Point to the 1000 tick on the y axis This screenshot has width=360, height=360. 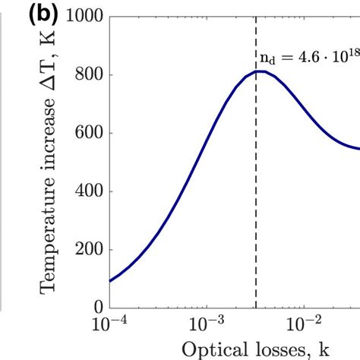(x=89, y=17)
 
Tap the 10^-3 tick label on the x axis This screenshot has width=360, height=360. (x=207, y=324)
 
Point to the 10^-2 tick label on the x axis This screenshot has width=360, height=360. (x=304, y=324)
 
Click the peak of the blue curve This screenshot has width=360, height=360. (x=258, y=71)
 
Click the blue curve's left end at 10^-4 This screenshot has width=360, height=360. (x=110, y=281)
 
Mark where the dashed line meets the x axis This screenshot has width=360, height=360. (x=256, y=308)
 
